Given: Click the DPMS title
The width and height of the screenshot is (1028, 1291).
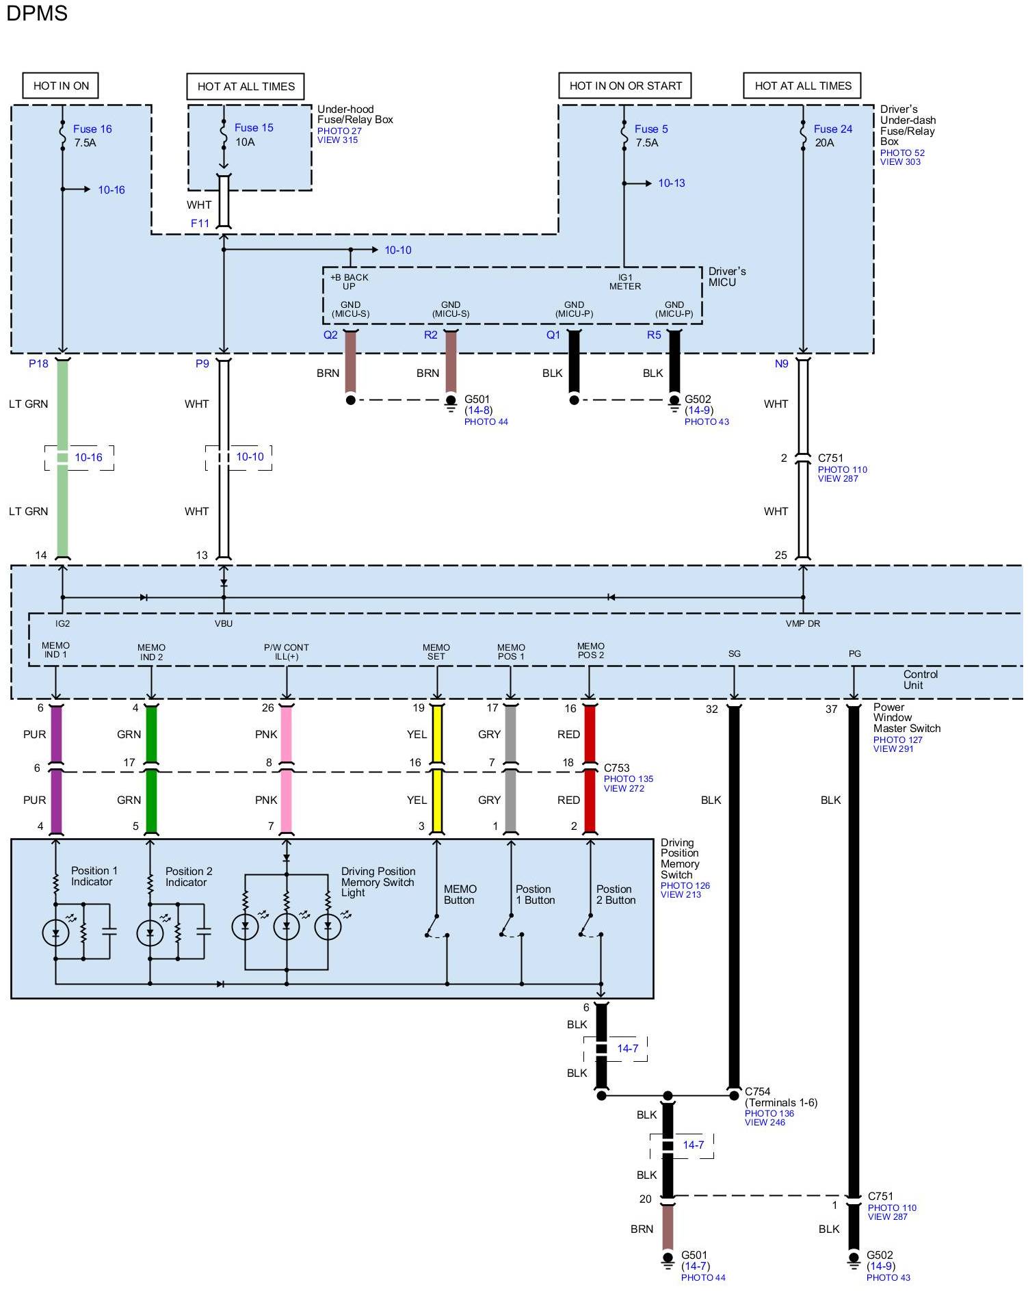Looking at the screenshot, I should click(x=37, y=13).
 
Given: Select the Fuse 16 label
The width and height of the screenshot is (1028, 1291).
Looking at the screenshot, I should click(x=92, y=129).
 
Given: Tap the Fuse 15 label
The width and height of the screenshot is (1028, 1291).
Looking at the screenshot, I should click(x=254, y=127).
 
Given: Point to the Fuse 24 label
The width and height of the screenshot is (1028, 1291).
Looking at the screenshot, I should click(x=832, y=129).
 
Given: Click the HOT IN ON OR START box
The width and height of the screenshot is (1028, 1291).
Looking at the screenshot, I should click(x=625, y=86).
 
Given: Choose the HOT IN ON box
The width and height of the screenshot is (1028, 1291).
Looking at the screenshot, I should click(x=61, y=86).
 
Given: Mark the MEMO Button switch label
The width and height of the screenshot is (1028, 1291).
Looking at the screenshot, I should click(x=460, y=894).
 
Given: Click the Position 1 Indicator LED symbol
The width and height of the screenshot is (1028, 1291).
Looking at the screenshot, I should click(x=55, y=932).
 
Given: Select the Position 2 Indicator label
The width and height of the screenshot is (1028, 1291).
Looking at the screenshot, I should click(x=189, y=876).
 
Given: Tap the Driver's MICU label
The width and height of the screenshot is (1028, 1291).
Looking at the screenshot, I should click(x=726, y=276).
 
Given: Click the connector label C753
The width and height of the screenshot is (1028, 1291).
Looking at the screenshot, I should click(x=616, y=768).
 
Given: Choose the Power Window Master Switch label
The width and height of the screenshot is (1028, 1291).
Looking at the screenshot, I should click(x=906, y=718).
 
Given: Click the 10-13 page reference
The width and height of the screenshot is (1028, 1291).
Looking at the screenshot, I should click(x=671, y=183).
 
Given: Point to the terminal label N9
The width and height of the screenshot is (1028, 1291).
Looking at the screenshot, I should click(x=781, y=364).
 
